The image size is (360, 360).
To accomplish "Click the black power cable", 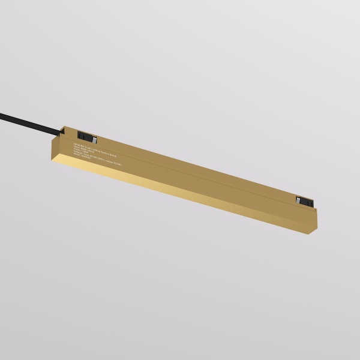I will tap(30, 119).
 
